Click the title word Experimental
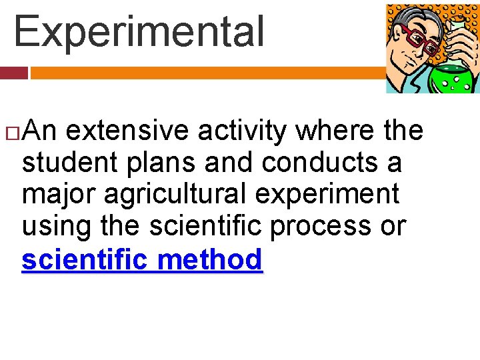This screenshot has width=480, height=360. coord(139,32)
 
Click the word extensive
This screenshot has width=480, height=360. coord(127,131)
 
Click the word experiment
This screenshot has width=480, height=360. coord(331,195)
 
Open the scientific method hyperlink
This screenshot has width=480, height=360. coord(142,259)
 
